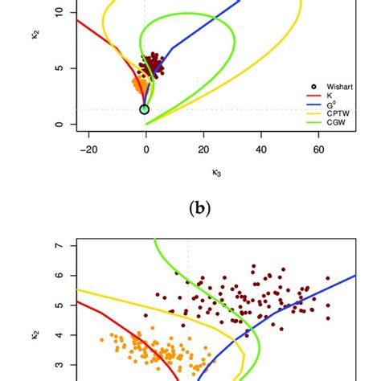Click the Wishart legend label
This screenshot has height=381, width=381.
pos(340,86)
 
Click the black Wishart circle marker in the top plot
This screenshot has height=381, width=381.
pos(145,109)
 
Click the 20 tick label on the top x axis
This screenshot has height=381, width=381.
pos(203,149)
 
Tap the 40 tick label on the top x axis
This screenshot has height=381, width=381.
pos(261,149)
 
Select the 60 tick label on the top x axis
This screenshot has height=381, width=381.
pos(318,149)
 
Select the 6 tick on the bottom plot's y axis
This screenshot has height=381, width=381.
pos(57,276)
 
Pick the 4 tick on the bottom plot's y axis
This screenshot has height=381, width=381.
pos(57,335)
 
